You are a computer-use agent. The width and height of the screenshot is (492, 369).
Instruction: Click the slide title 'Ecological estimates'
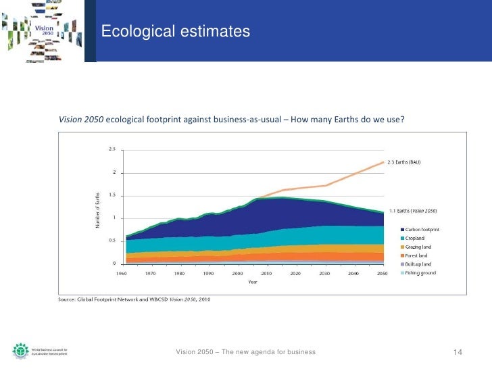pyautogui.click(x=176, y=32)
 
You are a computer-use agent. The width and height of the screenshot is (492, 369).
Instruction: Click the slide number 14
pyautogui.click(x=457, y=353)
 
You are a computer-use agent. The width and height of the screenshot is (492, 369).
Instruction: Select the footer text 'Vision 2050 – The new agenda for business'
pyautogui.click(x=245, y=353)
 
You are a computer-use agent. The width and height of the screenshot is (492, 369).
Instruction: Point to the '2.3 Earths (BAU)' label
pyautogui.click(x=412, y=162)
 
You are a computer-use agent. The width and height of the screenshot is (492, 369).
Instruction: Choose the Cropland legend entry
pyautogui.click(x=417, y=238)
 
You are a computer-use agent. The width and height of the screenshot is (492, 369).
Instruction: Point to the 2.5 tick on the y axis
pyautogui.click(x=112, y=149)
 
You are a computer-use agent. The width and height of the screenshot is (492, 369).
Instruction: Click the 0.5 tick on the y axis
pyautogui.click(x=112, y=240)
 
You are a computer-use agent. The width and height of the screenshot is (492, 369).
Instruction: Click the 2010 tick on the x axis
pyautogui.click(x=267, y=274)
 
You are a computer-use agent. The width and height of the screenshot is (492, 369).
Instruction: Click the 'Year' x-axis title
pyautogui.click(x=252, y=281)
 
